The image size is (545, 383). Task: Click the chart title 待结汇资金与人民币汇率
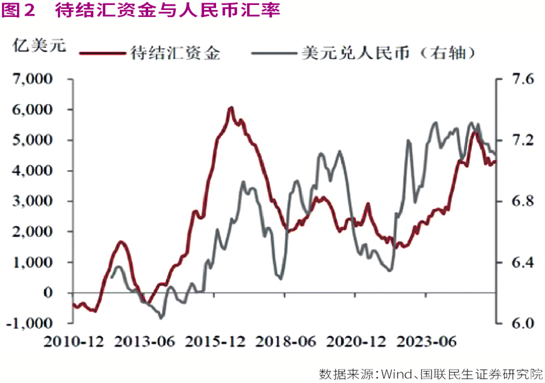[167, 11]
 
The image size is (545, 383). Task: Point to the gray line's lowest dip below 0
[161, 317]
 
